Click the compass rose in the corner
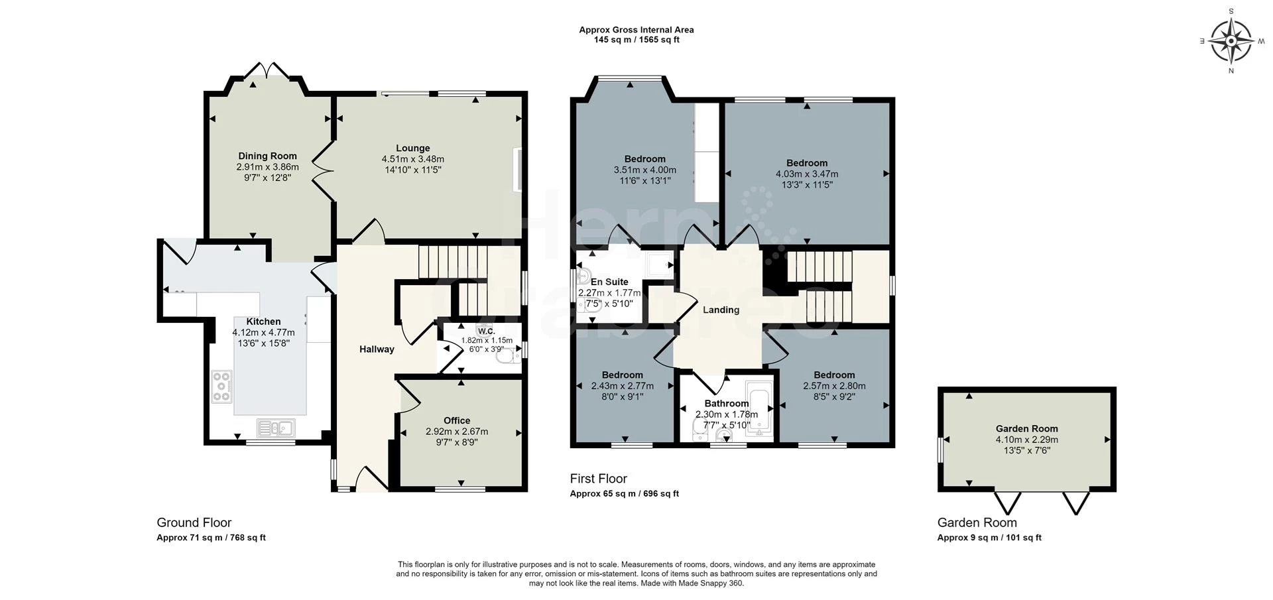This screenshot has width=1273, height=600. (x=1231, y=41)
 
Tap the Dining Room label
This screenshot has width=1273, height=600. (x=268, y=156)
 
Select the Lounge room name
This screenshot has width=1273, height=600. (x=413, y=149)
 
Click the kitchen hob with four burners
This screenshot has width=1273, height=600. (x=221, y=387)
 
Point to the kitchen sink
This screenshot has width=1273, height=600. (x=276, y=428)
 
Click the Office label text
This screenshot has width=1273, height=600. (x=457, y=420)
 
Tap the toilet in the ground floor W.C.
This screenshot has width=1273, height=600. (x=509, y=357)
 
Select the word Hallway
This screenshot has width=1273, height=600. (x=377, y=349)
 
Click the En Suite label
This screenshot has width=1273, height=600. (x=609, y=282)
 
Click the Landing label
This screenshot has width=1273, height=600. (x=721, y=310)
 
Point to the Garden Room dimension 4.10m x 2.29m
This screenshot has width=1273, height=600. (x=1026, y=440)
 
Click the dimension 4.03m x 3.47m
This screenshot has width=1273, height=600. (x=807, y=174)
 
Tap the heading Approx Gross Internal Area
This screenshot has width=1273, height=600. (x=636, y=30)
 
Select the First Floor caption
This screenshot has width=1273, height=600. (x=599, y=479)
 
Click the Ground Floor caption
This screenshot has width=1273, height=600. (x=194, y=522)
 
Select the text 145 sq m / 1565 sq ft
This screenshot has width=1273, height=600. (x=636, y=40)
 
